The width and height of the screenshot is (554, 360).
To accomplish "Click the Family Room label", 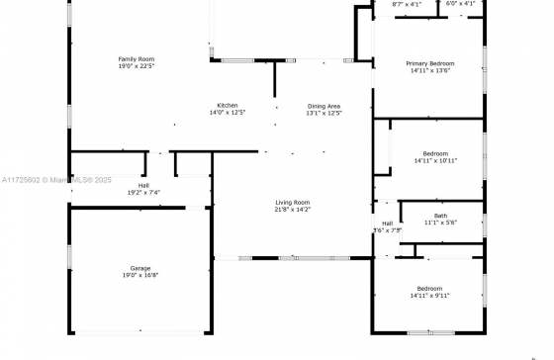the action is point(137,59).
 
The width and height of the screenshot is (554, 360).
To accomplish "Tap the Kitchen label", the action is point(228,105).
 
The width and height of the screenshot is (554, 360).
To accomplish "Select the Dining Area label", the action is point(324,106).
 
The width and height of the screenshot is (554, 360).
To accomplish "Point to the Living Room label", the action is point(293,203).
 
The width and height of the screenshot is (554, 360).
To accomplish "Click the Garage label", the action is point(140,268).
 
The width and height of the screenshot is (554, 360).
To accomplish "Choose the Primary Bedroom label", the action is point(430,63).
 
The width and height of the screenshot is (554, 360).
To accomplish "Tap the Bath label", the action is point(440,216).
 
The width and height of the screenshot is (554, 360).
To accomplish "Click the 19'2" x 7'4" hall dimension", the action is point(143,193).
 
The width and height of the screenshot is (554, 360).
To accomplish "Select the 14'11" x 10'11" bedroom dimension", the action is point(435,161).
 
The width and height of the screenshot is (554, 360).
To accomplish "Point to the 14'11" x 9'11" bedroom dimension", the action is point(429,296).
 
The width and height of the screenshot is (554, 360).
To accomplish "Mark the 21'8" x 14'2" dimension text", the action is point(293,210).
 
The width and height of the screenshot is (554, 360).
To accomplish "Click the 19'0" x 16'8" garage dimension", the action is point(140,275).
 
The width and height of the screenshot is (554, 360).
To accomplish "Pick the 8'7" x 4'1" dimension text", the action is point(407,5).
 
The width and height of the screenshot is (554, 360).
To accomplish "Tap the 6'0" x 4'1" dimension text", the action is point(460,4).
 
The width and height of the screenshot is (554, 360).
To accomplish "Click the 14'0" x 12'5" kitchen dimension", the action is point(228,113).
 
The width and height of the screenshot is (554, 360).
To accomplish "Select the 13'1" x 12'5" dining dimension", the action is point(324,113).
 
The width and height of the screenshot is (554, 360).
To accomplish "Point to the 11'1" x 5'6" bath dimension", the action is point(440,223).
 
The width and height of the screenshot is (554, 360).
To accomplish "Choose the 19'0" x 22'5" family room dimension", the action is point(137,66).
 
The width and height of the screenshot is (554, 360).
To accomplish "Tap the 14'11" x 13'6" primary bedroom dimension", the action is point(430,70).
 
